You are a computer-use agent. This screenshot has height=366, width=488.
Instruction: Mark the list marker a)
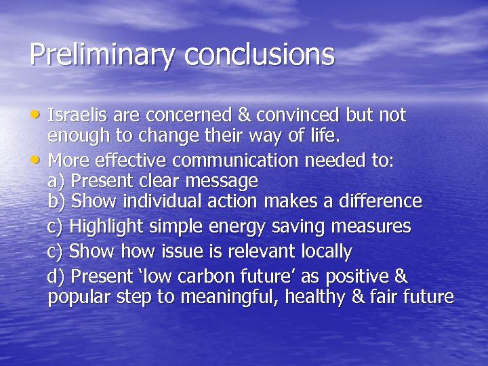click(x=56, y=182)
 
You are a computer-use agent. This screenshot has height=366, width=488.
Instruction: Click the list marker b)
click(x=57, y=201)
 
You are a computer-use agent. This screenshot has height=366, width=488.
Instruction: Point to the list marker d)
click(x=56, y=277)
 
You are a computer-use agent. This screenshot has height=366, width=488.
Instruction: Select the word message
click(x=221, y=182)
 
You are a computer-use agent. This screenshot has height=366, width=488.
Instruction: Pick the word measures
click(x=371, y=226)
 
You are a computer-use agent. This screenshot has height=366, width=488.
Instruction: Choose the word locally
click(x=319, y=251)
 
